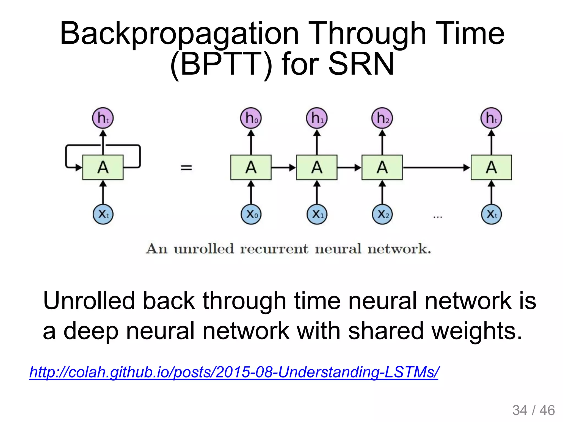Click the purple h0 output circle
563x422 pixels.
(x=251, y=118)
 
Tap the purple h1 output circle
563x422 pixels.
(x=317, y=118)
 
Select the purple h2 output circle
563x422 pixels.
(x=382, y=118)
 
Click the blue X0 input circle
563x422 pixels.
(x=251, y=214)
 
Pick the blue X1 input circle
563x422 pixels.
(x=317, y=214)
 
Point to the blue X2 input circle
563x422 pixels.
(x=382, y=214)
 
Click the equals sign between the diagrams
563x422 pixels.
(x=186, y=167)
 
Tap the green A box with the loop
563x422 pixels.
(x=103, y=167)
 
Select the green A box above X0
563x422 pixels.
(x=251, y=167)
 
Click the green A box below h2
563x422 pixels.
(x=382, y=167)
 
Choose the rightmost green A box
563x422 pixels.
(x=491, y=167)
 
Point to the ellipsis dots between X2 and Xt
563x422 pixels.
(x=437, y=217)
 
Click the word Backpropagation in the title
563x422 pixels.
(x=179, y=34)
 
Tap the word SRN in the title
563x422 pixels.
(x=361, y=64)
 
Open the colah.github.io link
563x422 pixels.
(x=234, y=372)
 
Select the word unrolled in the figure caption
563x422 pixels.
(x=204, y=249)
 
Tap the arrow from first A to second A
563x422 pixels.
(x=283, y=167)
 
